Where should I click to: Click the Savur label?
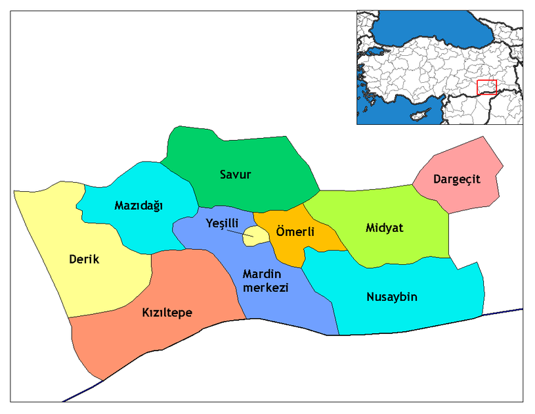tap(235, 175)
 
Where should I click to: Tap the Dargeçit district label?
tap(456, 179)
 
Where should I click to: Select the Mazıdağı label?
tap(139, 205)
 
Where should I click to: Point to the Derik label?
tap(84, 260)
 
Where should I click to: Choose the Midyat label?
tap(384, 228)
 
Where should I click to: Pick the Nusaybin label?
tap(392, 297)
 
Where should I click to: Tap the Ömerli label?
tap(294, 232)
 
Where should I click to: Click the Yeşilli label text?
tap(223, 223)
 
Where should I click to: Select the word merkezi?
tap(265, 288)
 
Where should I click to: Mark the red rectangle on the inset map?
tap(486, 87)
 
